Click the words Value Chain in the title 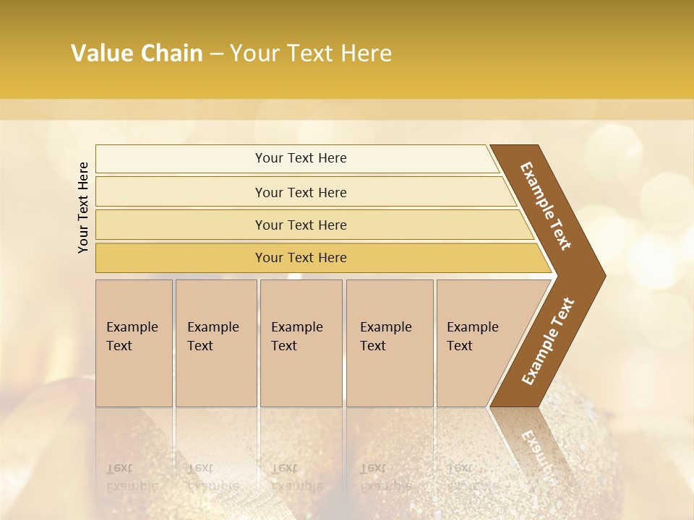pyautogui.click(x=137, y=53)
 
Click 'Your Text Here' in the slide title pyautogui.click(x=311, y=53)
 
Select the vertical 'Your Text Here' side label pyautogui.click(x=83, y=207)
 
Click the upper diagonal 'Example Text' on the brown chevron pyautogui.click(x=546, y=206)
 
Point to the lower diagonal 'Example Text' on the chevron pyautogui.click(x=547, y=342)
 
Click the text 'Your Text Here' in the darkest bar pyautogui.click(x=301, y=258)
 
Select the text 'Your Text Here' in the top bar pyautogui.click(x=301, y=158)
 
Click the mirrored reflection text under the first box pyautogui.click(x=132, y=477)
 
